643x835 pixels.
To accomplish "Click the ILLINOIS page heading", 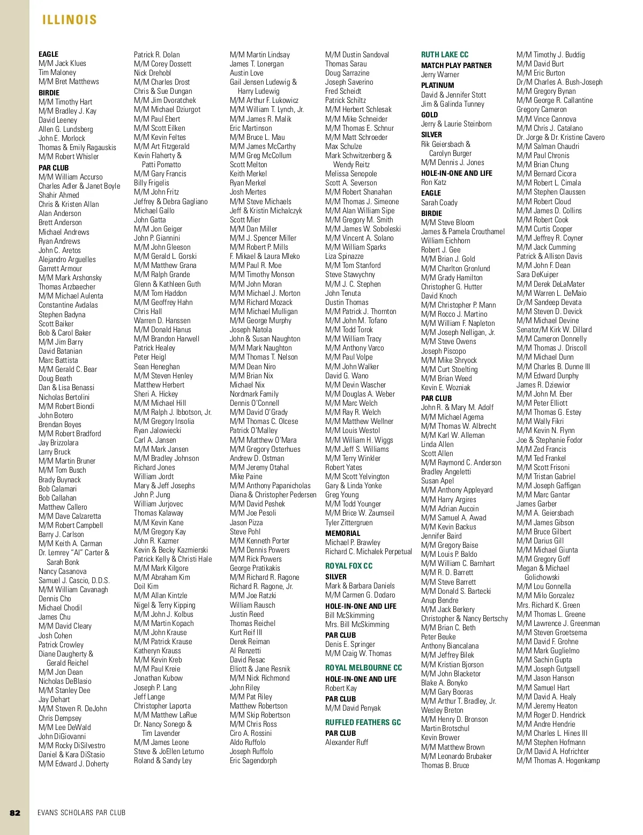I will [x=70, y=20].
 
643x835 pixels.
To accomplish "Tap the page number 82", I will [x=15, y=812].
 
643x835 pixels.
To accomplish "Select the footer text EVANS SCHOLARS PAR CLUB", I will [x=81, y=812].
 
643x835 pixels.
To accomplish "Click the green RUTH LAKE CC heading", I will [x=445, y=55].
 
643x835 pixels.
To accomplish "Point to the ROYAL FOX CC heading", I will [x=349, y=566].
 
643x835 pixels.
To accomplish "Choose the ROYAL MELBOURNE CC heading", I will [x=363, y=668].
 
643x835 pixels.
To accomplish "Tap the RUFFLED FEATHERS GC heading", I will [x=363, y=722].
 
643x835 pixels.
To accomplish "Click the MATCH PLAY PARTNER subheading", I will [x=456, y=65].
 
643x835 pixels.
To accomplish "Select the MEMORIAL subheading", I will [x=343, y=533].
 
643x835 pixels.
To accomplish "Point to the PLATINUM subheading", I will [x=437, y=85].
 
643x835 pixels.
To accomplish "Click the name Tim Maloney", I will [x=57, y=72].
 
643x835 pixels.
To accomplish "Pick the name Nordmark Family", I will [x=254, y=394].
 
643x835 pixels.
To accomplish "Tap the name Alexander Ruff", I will [x=347, y=742].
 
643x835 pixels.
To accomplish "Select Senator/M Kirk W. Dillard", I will [x=554, y=330].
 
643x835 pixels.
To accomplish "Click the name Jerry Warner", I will [x=440, y=75].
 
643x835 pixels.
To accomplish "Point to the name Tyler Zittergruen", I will [x=349, y=523].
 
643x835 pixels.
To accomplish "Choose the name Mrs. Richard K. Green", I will [x=548, y=605].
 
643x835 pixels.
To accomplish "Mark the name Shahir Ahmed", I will [x=58, y=195].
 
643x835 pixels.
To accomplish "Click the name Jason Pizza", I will [x=246, y=523].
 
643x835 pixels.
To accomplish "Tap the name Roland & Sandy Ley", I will [x=163, y=761].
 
